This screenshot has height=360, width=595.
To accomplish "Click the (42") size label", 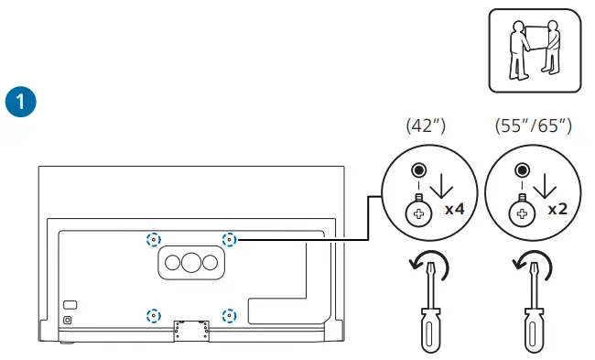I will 424,125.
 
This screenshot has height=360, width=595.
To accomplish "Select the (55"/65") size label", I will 532,125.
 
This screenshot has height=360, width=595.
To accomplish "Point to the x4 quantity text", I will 455,209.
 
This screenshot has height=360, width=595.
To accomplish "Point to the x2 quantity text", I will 557,209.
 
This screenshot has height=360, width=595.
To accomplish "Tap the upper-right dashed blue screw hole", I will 229,240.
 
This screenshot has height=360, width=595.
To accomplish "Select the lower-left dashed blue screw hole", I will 153,316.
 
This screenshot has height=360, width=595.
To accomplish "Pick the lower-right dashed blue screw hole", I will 229,316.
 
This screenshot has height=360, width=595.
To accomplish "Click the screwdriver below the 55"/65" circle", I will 531,316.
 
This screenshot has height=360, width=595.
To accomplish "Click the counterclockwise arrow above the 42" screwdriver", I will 428,268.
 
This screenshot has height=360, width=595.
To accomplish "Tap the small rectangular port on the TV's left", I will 70,304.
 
